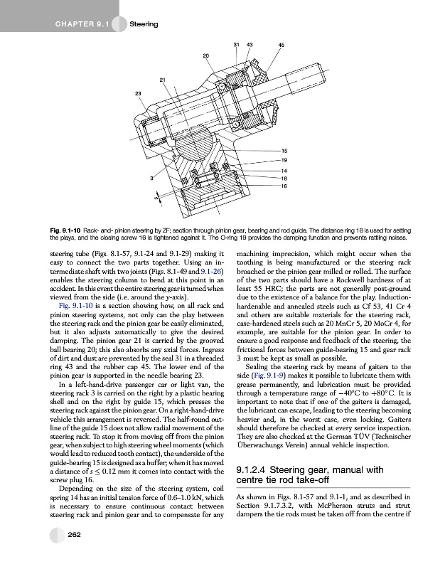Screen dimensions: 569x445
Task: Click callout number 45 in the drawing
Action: coord(281,45)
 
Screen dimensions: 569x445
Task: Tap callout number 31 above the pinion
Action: coord(236,45)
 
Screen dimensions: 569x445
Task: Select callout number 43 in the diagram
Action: coord(250,45)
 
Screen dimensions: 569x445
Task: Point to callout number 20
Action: coord(205,55)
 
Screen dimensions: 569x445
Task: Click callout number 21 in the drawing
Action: coord(163,79)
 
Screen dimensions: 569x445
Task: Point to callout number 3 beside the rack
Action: coord(151,177)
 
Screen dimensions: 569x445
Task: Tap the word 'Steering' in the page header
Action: coord(144,25)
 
